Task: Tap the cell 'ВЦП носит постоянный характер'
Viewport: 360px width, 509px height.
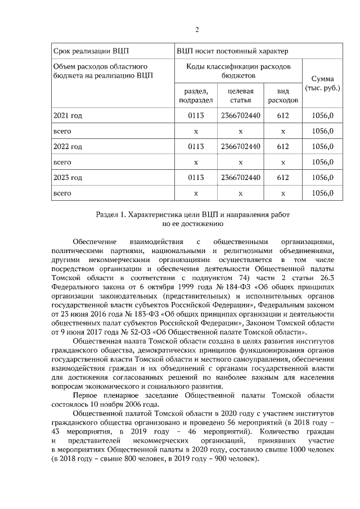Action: (x=232, y=51)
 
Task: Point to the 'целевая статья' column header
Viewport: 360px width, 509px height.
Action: (x=240, y=96)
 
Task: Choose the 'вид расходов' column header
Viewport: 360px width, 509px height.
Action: (x=283, y=96)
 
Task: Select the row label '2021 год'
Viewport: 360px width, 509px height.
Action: (x=67, y=115)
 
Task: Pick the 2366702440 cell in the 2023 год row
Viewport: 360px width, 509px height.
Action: (x=240, y=177)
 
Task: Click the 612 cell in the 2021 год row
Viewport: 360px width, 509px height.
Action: (x=283, y=115)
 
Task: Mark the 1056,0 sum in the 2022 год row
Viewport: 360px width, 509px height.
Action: (x=322, y=146)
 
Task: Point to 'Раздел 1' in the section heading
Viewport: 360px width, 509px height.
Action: (x=111, y=215)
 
